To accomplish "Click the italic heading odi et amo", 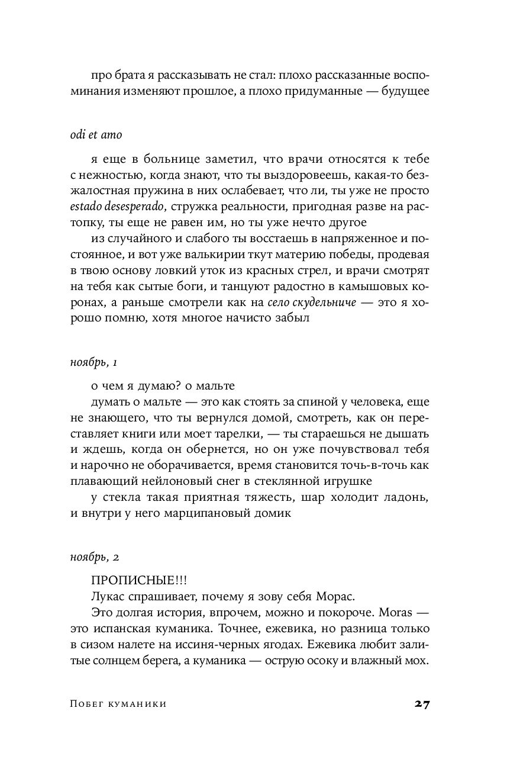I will (x=96, y=135).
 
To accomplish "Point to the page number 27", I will (x=422, y=704).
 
